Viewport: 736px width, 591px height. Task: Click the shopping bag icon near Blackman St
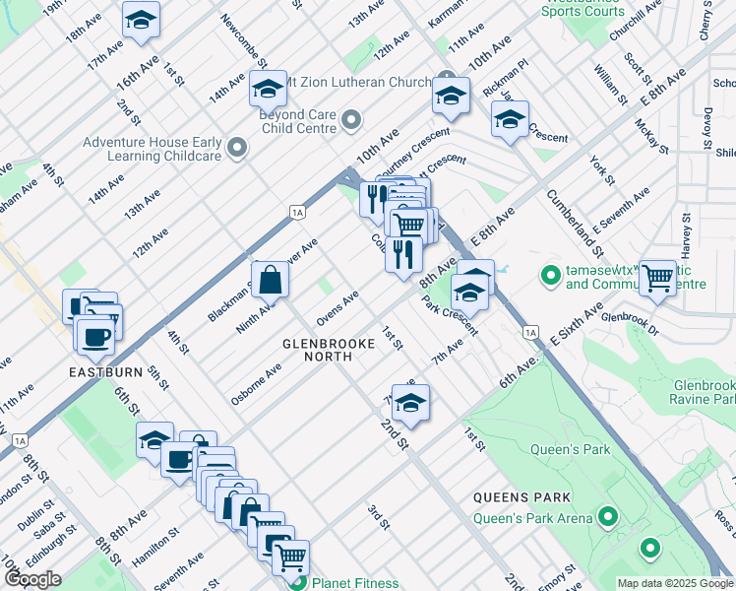point(270,279)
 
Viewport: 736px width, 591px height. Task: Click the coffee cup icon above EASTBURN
point(95,337)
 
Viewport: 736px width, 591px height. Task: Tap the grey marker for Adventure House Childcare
point(236,149)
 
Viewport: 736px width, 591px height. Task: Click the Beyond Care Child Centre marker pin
point(351,121)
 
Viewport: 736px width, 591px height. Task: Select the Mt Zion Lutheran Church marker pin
point(448,81)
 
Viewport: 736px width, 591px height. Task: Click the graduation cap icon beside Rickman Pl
point(510,120)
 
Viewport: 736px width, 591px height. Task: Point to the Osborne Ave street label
point(256,383)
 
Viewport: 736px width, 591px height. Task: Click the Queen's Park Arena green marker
point(608,516)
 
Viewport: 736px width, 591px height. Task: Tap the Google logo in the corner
point(31,578)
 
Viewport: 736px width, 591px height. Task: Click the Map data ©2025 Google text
point(674,583)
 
